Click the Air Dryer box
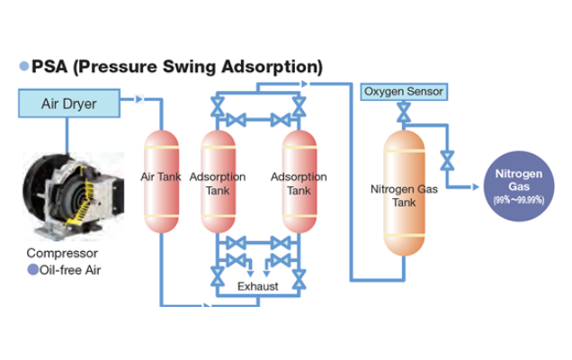[x=68, y=103]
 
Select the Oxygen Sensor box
[x=403, y=92]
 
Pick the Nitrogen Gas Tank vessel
[x=404, y=193]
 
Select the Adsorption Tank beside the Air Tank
[x=217, y=181]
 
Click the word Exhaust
[x=257, y=287]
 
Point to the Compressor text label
[x=62, y=253]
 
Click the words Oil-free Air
[x=72, y=269]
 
